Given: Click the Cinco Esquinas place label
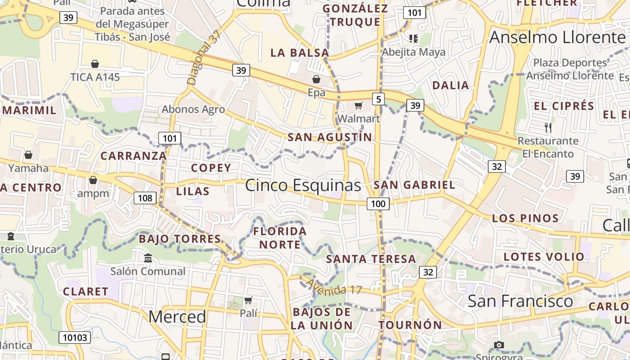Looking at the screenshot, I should pyautogui.click(x=303, y=185).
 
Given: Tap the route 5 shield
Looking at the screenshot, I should pyautogui.click(x=378, y=99).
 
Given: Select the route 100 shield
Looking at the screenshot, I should pyautogui.click(x=378, y=204).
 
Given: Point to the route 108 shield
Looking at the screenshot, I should pyautogui.click(x=145, y=198).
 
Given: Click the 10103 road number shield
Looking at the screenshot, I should pyautogui.click(x=75, y=337).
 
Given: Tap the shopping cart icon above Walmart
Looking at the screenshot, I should pyautogui.click(x=359, y=105).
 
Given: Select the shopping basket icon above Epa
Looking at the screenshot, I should pyautogui.click(x=316, y=80).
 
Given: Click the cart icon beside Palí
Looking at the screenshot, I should pyautogui.click(x=248, y=300).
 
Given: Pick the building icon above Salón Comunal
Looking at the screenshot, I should pyautogui.click(x=148, y=258).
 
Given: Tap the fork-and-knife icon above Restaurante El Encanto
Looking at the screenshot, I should pyautogui.click(x=548, y=128).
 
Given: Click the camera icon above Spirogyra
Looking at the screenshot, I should pyautogui.click(x=499, y=345).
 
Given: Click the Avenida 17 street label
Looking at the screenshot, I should pyautogui.click(x=333, y=287).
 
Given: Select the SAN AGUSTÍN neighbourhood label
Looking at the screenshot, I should pyautogui.click(x=330, y=137).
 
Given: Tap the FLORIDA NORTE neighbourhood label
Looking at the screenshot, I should pyautogui.click(x=279, y=238).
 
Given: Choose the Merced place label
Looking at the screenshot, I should pyautogui.click(x=177, y=317).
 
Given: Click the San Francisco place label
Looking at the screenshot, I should pyautogui.click(x=520, y=301).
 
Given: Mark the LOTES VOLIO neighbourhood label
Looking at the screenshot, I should pyautogui.click(x=544, y=257).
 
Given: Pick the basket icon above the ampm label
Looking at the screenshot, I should pyautogui.click(x=93, y=180).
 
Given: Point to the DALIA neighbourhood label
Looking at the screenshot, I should pyautogui.click(x=450, y=85).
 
